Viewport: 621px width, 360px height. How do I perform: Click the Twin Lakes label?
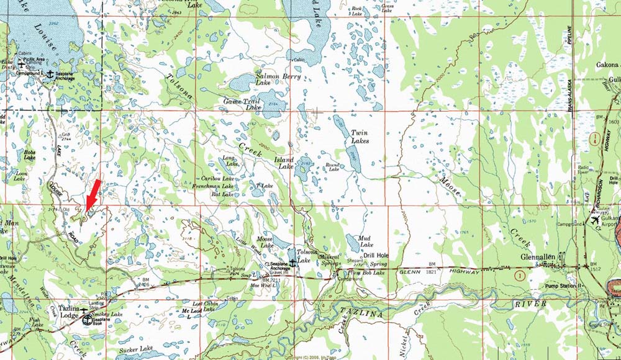point(360,137)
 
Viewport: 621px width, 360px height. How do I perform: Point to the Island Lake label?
point(284,163)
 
